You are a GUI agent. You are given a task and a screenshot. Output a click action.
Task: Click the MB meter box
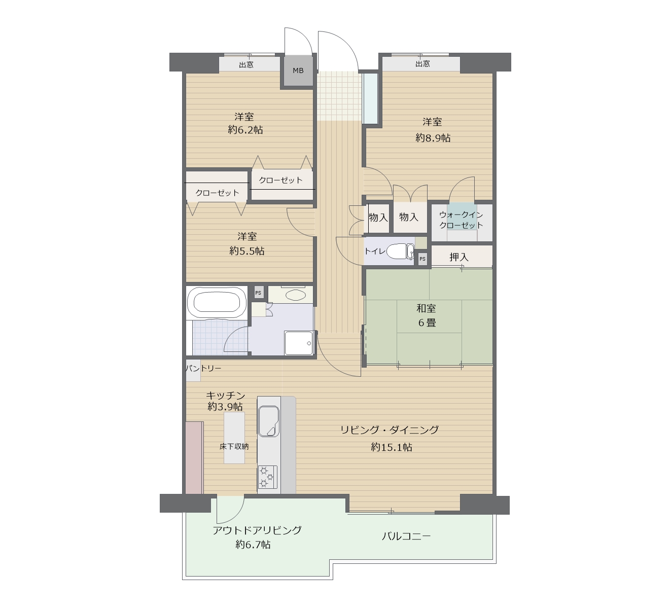click(x=298, y=70)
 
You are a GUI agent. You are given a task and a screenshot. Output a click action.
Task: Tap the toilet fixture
click(x=400, y=252)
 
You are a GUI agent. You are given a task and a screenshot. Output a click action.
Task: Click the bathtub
click(x=214, y=303)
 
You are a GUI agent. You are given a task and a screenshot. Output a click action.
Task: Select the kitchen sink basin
click(x=269, y=421)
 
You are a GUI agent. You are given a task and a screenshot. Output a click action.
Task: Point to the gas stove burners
click(x=267, y=477)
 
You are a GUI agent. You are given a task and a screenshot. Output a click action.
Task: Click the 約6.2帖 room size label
click(x=245, y=130)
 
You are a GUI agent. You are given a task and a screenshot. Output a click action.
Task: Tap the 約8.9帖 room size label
click(x=433, y=138)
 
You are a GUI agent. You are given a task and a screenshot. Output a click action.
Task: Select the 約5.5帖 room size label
click(x=247, y=251)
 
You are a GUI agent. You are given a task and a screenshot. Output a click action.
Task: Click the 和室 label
click(x=426, y=308)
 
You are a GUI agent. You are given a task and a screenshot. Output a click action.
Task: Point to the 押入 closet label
click(x=458, y=257)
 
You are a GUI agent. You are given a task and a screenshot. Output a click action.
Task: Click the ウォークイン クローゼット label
click(x=461, y=220)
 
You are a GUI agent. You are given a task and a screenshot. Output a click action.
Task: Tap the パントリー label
click(x=203, y=369)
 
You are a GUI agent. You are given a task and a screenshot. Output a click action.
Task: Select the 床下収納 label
click(x=234, y=446)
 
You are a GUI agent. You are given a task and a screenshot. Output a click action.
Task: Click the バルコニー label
click(x=406, y=536)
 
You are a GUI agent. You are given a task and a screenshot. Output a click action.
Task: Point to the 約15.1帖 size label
click(x=392, y=447)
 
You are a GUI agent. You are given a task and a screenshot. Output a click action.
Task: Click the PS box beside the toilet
click(x=422, y=259)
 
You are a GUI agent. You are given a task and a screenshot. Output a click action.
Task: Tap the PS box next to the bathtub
click(x=258, y=293)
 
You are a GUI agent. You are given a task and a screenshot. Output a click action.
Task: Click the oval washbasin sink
click(x=296, y=295)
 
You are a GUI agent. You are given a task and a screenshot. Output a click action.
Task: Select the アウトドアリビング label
click(x=257, y=530)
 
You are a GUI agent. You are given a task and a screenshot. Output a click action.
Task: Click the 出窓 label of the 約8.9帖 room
click(x=422, y=63)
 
